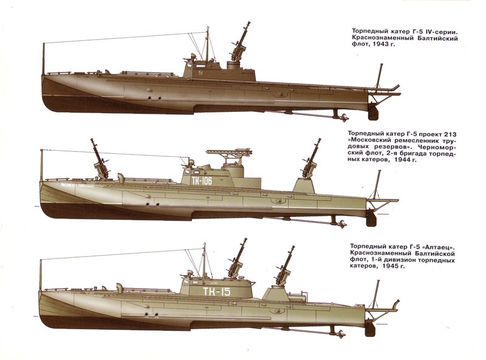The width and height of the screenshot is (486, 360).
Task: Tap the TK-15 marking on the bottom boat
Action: [216, 292]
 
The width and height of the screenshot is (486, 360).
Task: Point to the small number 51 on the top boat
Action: [200, 72]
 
